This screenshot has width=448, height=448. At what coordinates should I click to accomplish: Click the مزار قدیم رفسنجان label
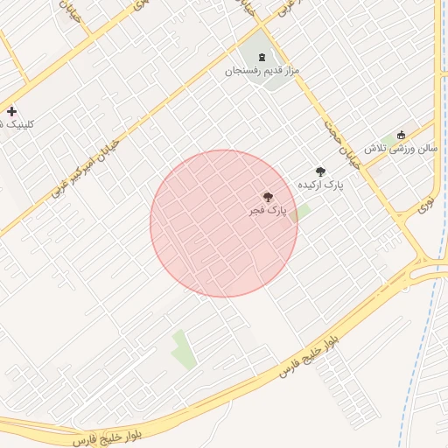tap(263, 70)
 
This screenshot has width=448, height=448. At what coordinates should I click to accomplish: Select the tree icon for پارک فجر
tap(267, 198)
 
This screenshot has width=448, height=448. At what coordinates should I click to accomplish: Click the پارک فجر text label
tap(266, 211)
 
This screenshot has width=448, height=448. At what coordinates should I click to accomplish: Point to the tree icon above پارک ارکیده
tap(320, 171)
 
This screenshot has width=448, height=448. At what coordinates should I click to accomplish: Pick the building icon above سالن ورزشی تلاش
tap(402, 135)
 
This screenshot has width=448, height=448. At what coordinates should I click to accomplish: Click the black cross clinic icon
tap(11, 111)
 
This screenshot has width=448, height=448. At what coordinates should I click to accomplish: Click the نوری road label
tap(425, 206)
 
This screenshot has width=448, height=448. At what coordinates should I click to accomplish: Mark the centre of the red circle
tap(224, 224)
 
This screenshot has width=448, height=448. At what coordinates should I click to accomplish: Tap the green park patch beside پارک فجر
tap(300, 213)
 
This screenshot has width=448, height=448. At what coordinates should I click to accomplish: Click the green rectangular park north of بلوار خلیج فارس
tap(183, 348)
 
